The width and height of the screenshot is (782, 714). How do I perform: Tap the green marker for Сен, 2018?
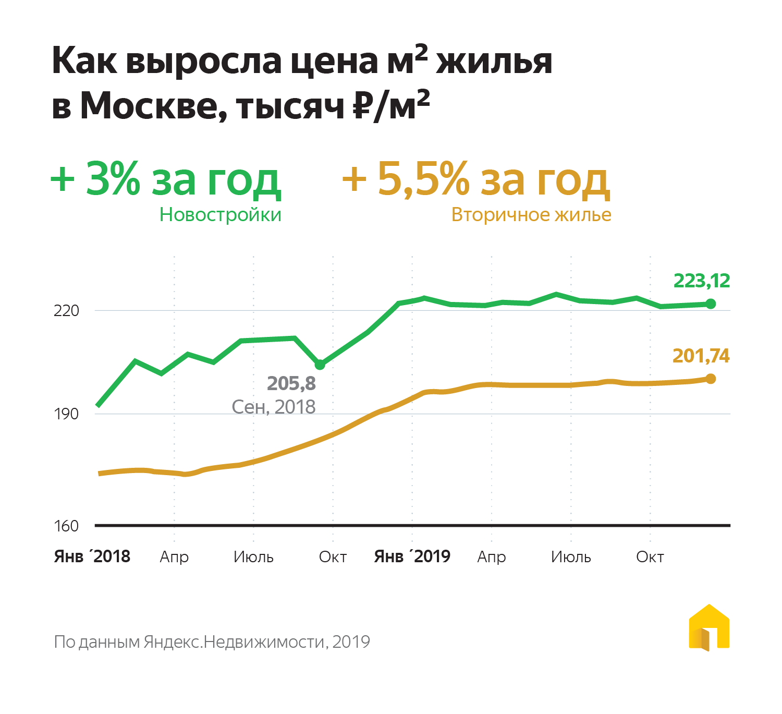click(x=320, y=365)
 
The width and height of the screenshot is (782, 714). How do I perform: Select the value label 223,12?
click(x=701, y=281)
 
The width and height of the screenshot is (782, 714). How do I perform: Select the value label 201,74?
click(x=701, y=356)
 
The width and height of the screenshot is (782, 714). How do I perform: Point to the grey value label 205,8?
click(x=291, y=383)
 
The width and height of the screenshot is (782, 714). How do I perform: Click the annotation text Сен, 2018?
click(x=274, y=407)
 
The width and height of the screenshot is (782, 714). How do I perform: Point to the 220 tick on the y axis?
click(x=66, y=311)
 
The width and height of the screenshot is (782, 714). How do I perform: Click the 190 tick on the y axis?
click(x=66, y=414)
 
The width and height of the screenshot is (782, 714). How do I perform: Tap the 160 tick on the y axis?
click(x=66, y=526)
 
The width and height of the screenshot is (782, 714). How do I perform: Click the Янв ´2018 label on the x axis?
click(x=92, y=556)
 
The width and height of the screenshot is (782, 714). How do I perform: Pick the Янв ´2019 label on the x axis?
click(x=412, y=556)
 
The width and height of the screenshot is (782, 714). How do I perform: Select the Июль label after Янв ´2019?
click(x=571, y=557)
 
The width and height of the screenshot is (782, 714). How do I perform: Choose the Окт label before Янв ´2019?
click(x=333, y=557)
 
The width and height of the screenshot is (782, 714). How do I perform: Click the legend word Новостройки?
click(x=220, y=214)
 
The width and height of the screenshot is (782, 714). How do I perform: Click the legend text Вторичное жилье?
click(x=531, y=214)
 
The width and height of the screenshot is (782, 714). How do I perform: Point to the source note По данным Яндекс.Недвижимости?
click(x=212, y=642)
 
